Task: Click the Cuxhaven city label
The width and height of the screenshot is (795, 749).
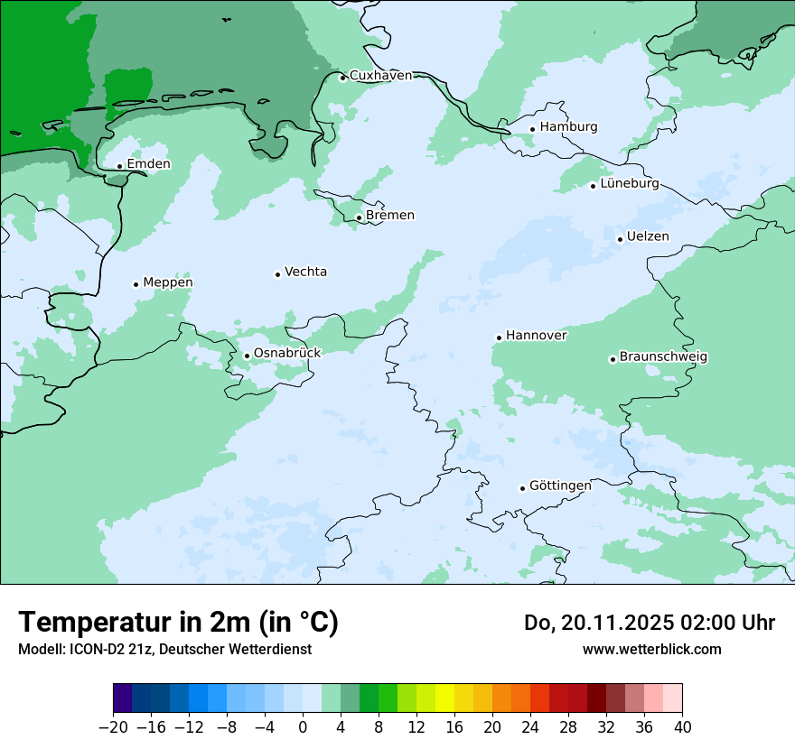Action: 380,76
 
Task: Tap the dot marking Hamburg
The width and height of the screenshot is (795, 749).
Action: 533,129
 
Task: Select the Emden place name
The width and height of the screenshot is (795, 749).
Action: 148,164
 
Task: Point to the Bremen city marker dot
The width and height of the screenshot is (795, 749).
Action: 359,217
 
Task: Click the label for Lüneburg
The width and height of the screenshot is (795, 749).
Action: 630,184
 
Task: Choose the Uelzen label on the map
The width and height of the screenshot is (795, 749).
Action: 648,236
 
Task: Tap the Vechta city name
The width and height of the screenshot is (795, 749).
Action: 305,272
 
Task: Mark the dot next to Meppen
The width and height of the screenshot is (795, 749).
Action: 136,284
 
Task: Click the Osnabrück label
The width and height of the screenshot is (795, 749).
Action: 287,353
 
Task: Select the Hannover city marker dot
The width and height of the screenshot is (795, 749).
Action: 499,338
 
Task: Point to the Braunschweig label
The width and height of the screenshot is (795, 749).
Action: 663,357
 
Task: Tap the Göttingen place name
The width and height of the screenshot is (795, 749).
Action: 560,485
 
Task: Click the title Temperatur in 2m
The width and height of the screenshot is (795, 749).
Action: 178,623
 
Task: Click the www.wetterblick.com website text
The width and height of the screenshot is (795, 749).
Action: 651,649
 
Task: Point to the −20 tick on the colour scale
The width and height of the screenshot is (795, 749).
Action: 113,727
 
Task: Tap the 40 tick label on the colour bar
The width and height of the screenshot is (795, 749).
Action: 682,727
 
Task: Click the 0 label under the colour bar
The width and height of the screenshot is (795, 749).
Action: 303,727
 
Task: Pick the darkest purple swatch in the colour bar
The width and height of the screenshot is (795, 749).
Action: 122,698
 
